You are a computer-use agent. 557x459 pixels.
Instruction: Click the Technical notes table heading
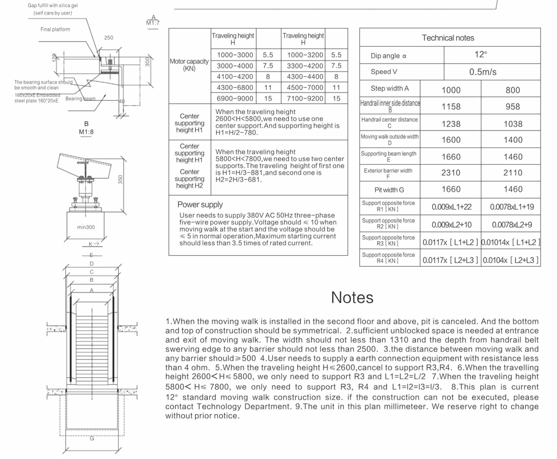447,38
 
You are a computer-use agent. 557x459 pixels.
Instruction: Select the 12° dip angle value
480,55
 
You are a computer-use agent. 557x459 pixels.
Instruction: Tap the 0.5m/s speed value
480,72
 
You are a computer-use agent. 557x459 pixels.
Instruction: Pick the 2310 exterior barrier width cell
450,173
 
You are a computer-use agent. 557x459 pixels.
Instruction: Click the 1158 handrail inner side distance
450,107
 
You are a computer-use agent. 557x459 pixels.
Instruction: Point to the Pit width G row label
390,190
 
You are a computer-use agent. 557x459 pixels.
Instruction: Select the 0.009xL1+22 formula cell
452,207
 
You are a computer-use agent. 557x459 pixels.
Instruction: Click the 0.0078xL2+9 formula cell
512,224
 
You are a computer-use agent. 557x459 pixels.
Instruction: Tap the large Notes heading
352,297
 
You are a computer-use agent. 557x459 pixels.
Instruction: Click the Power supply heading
200,205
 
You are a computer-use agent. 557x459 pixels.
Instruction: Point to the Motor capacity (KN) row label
189,65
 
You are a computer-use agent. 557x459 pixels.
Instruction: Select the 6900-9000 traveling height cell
235,98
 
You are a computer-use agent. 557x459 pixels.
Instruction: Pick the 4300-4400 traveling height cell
303,77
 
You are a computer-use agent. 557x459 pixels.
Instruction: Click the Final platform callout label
55,29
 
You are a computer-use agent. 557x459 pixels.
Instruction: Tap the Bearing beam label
80,99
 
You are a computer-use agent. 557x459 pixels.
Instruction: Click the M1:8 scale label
86,132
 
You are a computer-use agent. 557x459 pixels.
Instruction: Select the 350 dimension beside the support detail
121,179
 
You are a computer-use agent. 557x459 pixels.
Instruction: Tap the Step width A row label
390,89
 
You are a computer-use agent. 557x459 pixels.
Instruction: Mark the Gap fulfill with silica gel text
52,5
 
